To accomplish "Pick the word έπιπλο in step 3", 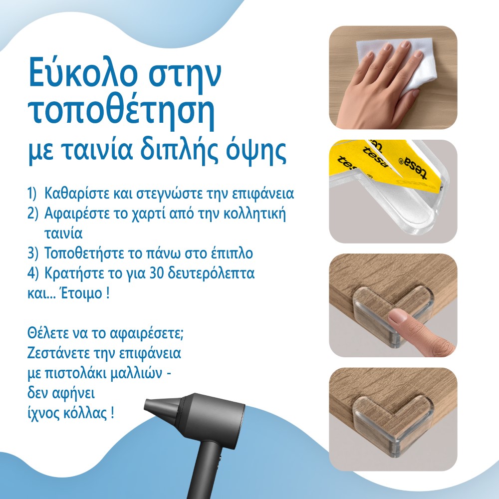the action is click(x=232, y=254).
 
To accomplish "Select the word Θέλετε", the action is click(x=48, y=333).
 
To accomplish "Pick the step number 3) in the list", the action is click(x=33, y=253).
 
